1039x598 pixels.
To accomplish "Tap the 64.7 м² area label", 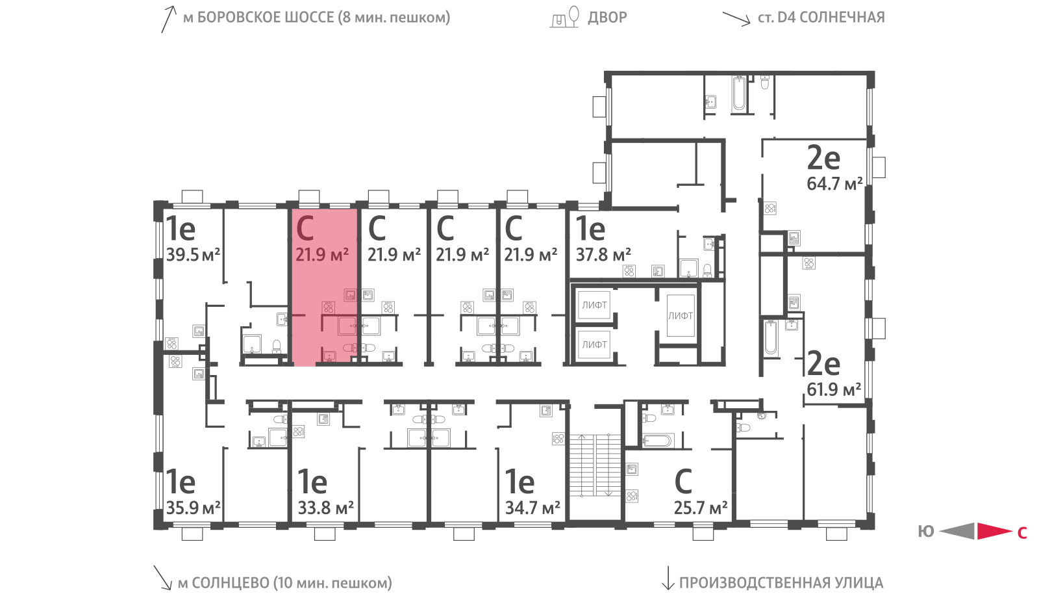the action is click(834, 184).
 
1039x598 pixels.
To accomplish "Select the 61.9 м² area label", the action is click(834, 389).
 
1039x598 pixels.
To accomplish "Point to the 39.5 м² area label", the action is click(193, 254).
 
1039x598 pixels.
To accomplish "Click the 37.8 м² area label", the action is click(603, 255).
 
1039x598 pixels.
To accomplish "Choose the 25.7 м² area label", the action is click(701, 508).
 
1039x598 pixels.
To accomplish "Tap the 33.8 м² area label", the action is click(325, 508).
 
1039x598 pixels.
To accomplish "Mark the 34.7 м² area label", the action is click(532, 508).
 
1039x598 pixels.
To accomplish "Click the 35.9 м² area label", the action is click(193, 508).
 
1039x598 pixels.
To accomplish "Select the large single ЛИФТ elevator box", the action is click(681, 316).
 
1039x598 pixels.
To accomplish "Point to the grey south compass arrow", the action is click(957, 531).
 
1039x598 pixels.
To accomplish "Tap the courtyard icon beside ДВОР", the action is click(565, 17).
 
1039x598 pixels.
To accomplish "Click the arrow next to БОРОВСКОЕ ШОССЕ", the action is click(169, 19).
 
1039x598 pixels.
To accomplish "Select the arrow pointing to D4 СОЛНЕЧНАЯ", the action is click(736, 19).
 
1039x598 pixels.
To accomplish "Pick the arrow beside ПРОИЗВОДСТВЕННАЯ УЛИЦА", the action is click(668, 578).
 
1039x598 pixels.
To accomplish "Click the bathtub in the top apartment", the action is click(740, 94).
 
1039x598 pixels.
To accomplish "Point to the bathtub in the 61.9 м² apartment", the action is click(770, 337).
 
